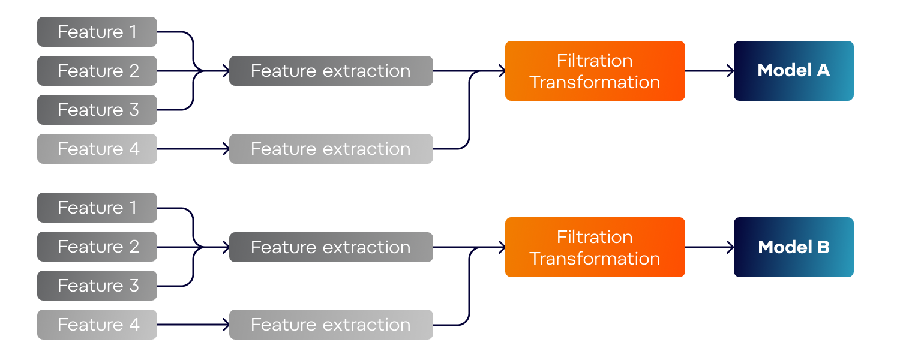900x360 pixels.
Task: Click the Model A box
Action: [794, 71]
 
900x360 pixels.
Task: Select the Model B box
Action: [794, 247]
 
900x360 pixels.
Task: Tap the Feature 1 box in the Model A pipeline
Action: [97, 32]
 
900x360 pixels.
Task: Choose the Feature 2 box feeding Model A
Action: [97, 71]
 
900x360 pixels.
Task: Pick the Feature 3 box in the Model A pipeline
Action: [97, 110]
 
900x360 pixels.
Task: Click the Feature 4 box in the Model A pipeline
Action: [97, 149]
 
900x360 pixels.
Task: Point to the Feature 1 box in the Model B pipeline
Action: [97, 208]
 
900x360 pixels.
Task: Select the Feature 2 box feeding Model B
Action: [97, 247]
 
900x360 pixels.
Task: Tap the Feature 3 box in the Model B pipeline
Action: [97, 286]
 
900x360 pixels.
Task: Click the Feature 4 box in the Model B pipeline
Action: [97, 325]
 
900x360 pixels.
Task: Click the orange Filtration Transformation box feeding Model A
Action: [595, 71]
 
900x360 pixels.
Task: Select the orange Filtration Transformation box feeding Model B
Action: [595, 247]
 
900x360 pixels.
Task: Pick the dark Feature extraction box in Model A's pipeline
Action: [331, 71]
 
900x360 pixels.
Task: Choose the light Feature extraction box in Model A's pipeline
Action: [331, 149]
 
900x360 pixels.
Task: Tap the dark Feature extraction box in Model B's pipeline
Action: [331, 247]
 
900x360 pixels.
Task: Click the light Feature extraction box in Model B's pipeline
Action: [331, 325]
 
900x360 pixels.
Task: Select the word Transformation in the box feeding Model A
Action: [595, 82]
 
